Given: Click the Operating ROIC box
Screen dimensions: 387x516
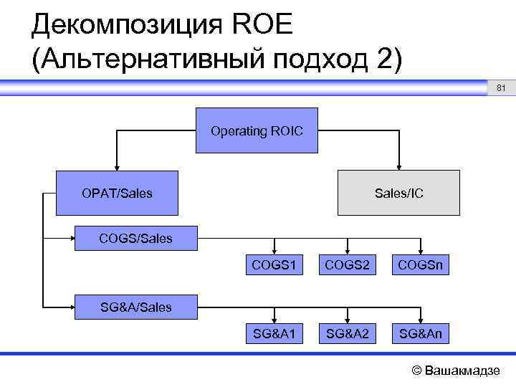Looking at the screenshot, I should pyautogui.click(x=257, y=131).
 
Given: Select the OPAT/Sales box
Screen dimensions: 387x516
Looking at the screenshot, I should pyautogui.click(x=117, y=193).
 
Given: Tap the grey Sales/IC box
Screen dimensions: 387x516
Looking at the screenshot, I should pyautogui.click(x=398, y=193).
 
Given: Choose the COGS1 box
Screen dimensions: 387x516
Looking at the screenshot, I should pyautogui.click(x=274, y=266).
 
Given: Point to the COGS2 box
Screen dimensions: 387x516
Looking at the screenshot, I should pyautogui.click(x=348, y=266).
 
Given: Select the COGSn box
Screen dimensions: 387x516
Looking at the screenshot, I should pyautogui.click(x=421, y=266).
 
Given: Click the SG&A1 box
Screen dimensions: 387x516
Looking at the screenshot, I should pyautogui.click(x=274, y=333).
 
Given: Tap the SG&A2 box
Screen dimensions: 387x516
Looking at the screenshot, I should pyautogui.click(x=348, y=333).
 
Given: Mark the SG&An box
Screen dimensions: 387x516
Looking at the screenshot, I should pyautogui.click(x=421, y=333).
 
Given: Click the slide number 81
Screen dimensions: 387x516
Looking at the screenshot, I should pyautogui.click(x=501, y=88).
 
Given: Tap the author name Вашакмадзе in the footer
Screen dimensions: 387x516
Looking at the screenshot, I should pyautogui.click(x=463, y=371).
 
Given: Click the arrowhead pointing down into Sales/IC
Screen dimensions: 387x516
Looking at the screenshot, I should pyautogui.click(x=399, y=166).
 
